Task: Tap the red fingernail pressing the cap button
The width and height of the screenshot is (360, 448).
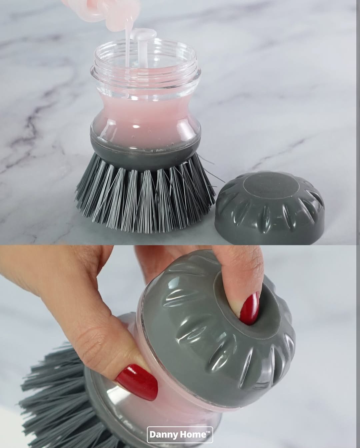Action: click(x=250, y=308)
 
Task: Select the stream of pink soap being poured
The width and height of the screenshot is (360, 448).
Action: click(x=127, y=47)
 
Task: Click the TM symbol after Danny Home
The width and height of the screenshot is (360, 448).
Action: click(x=208, y=432)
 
